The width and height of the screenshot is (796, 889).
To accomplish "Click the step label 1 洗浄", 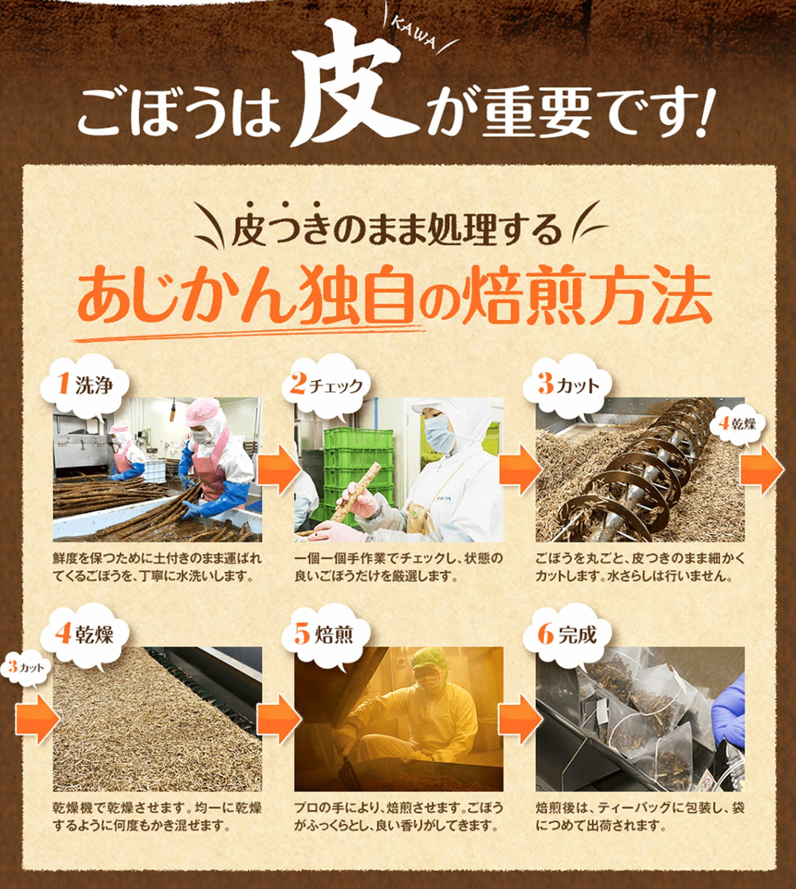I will click(85, 385).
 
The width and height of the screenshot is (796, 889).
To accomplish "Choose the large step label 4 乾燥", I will click(85, 634).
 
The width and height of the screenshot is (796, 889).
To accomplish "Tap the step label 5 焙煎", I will click(325, 634).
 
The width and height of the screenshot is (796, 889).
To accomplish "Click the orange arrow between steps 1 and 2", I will click(278, 469).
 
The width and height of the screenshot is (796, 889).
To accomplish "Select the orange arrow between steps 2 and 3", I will click(520, 469).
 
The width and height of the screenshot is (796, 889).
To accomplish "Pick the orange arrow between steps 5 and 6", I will click(520, 719).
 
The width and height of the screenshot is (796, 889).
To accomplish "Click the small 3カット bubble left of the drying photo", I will click(24, 667).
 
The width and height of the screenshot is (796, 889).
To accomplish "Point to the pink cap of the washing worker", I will click(202, 411).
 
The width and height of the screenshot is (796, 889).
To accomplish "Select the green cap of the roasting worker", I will click(429, 660).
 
